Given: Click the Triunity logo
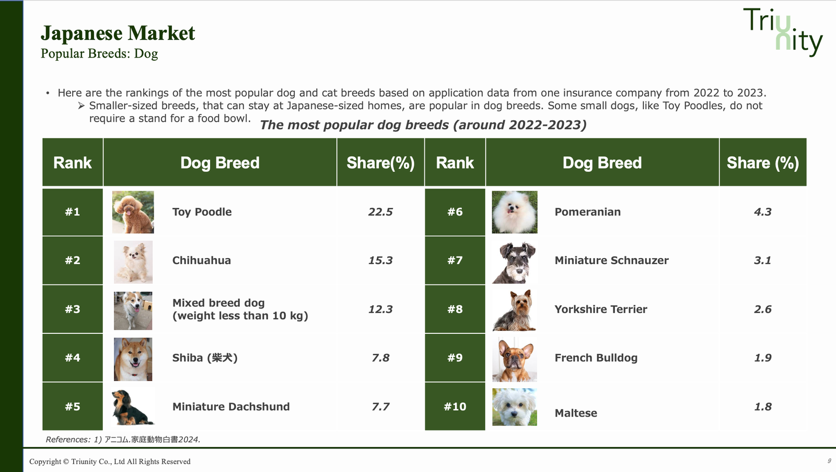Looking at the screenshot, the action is click(x=783, y=32).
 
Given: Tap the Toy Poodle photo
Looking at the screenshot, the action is click(x=133, y=212).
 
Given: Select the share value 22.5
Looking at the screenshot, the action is click(x=380, y=212).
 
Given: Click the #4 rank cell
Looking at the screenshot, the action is click(x=73, y=358).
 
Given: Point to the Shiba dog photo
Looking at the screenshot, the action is click(x=133, y=359).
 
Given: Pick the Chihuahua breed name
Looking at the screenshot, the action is click(x=202, y=260).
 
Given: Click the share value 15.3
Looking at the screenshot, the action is click(x=380, y=260).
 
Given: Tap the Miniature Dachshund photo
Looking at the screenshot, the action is click(x=133, y=407).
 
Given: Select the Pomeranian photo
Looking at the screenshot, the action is click(x=515, y=212).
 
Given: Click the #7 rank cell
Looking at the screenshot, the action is click(x=455, y=260).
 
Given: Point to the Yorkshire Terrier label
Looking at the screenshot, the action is click(x=601, y=309).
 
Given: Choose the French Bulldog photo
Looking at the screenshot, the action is click(x=515, y=359).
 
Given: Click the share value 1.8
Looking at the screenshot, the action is click(x=763, y=406).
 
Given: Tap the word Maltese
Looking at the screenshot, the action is click(x=576, y=413).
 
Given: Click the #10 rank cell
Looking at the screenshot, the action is click(x=455, y=406).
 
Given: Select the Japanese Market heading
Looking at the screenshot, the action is click(x=118, y=33).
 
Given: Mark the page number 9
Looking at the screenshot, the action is click(x=829, y=461).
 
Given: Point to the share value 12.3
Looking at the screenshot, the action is click(x=380, y=309).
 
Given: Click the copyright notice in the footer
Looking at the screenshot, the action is click(x=110, y=462).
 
